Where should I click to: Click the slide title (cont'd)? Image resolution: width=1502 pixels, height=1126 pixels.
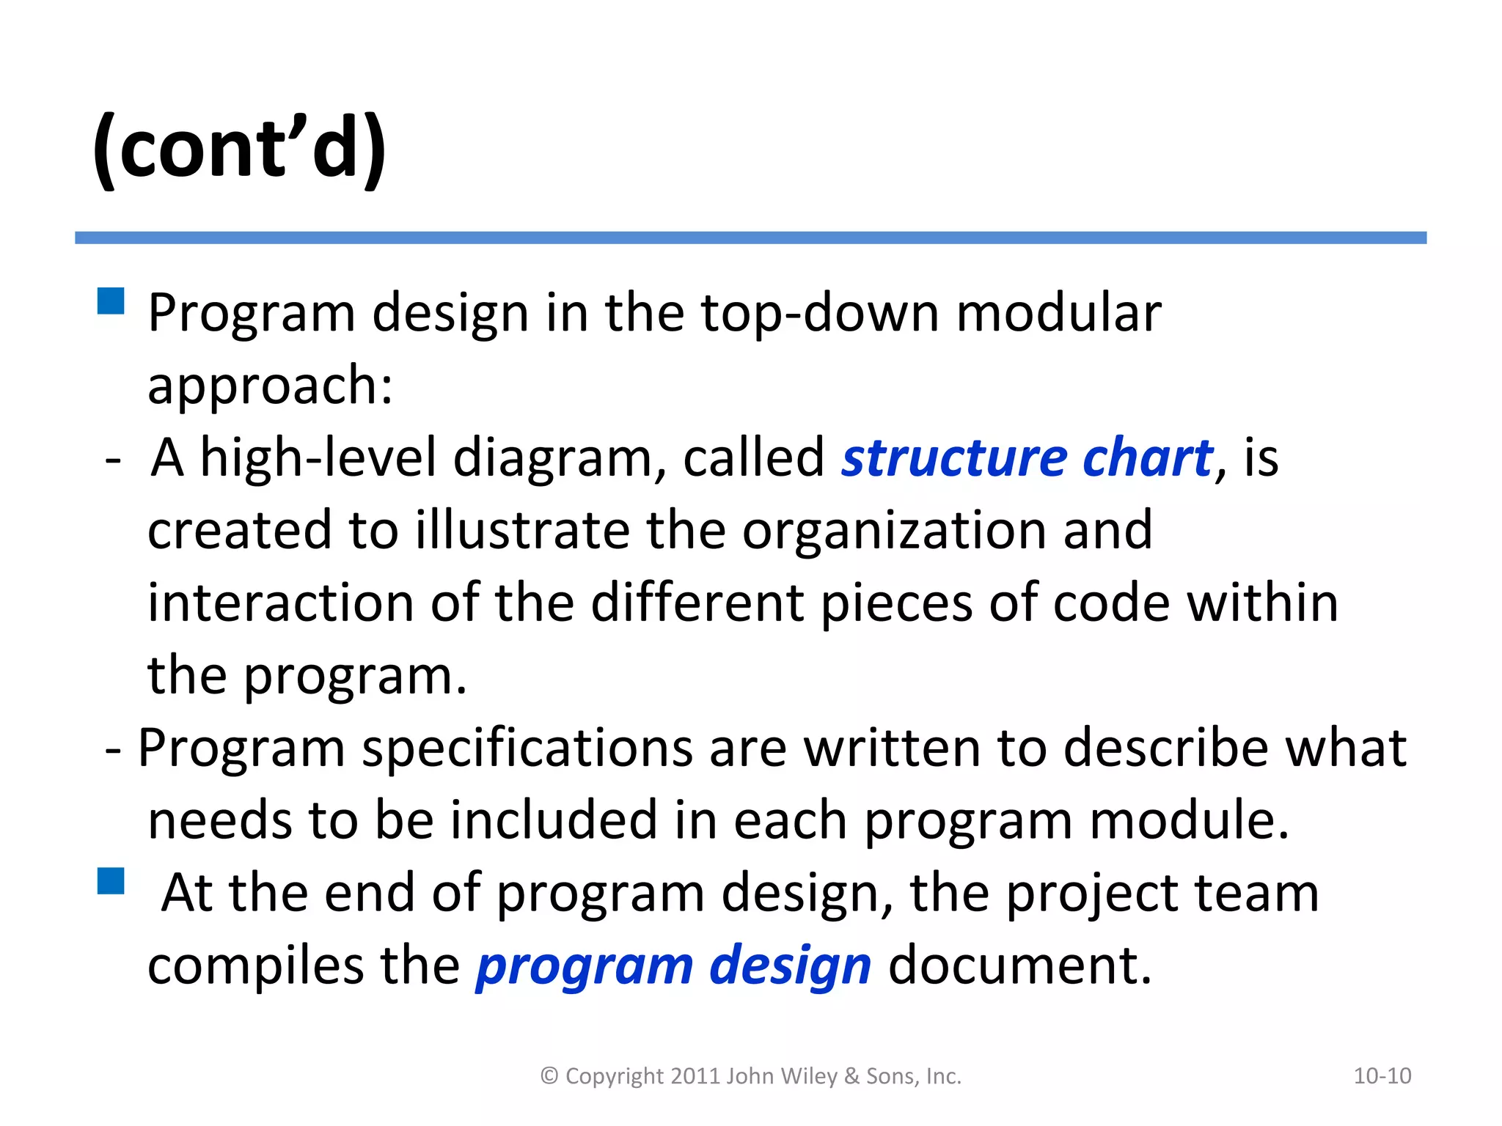click(239, 149)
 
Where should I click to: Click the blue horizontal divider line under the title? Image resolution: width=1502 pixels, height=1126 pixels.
click(750, 238)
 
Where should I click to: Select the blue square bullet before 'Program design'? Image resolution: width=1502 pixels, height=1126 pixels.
click(111, 301)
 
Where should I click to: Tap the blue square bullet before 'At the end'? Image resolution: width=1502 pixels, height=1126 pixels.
click(111, 880)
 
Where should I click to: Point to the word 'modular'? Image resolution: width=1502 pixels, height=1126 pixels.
click(1059, 312)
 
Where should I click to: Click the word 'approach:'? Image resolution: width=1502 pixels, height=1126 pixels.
click(270, 386)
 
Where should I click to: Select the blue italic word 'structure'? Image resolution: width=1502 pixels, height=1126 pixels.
click(953, 458)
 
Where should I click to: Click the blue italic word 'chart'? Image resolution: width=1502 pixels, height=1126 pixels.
click(1148, 458)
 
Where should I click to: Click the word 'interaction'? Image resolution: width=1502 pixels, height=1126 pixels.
click(281, 603)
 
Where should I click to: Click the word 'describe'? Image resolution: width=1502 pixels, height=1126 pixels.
click(1165, 748)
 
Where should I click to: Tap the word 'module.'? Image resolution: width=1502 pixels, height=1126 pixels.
click(1189, 820)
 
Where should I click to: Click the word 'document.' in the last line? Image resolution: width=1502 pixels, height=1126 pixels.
click(1020, 965)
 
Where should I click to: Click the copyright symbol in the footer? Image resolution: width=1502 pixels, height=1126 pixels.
click(549, 1076)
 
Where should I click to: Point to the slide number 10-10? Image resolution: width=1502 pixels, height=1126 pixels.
click(1382, 1076)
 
